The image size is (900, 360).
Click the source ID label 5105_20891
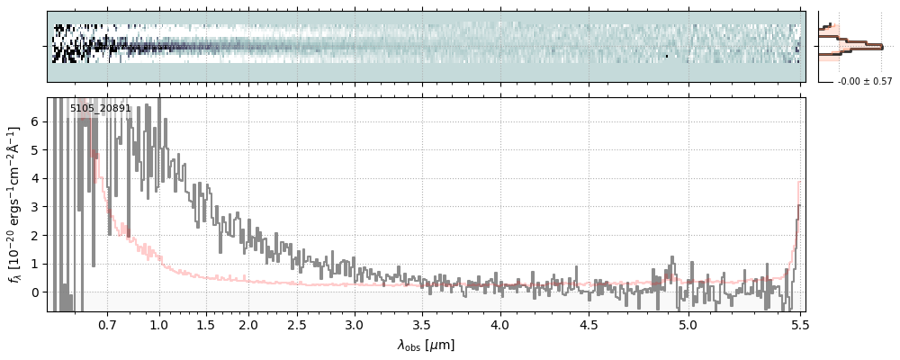(x=101, y=109)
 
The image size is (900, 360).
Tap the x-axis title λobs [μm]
(x=426, y=346)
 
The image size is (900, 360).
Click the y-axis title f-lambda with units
(x=14, y=204)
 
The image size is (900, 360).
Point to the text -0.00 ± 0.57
(x=864, y=82)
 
